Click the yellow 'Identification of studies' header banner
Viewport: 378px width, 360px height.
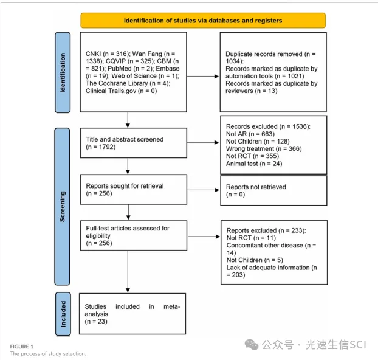203,21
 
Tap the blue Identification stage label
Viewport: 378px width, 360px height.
63,72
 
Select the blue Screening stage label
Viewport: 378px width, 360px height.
62,207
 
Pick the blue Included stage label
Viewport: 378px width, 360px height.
63,314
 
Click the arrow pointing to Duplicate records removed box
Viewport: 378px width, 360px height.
203,77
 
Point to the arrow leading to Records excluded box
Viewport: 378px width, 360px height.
203,142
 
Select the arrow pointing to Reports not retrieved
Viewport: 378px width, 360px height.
203,190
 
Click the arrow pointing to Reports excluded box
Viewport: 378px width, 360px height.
204,237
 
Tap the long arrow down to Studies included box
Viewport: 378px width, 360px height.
128,271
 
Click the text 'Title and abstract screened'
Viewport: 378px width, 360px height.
125,139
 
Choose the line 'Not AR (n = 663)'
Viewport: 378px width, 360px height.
250,134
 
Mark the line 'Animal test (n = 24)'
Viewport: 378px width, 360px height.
254,164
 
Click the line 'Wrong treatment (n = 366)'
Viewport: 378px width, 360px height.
264,148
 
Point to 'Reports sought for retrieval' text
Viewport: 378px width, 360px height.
125,186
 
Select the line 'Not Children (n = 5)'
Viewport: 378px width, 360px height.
255,260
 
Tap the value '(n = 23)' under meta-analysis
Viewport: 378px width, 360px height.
96,322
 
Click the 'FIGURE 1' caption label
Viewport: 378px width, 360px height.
22,347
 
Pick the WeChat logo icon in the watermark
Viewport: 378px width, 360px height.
252,344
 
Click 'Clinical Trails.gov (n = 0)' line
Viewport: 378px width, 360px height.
122,91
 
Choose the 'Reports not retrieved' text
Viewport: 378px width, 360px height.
256,187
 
